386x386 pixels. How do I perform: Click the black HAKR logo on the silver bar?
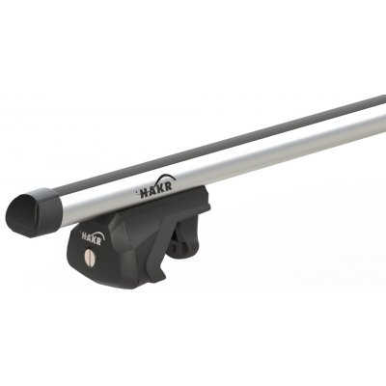155,186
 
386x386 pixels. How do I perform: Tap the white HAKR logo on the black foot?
92,236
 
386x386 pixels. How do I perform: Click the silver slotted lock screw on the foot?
90,259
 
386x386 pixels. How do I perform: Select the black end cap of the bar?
34,212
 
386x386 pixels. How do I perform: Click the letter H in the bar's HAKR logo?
144,192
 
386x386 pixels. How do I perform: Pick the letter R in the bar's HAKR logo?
167,185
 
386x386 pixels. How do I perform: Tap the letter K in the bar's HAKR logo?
159,188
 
